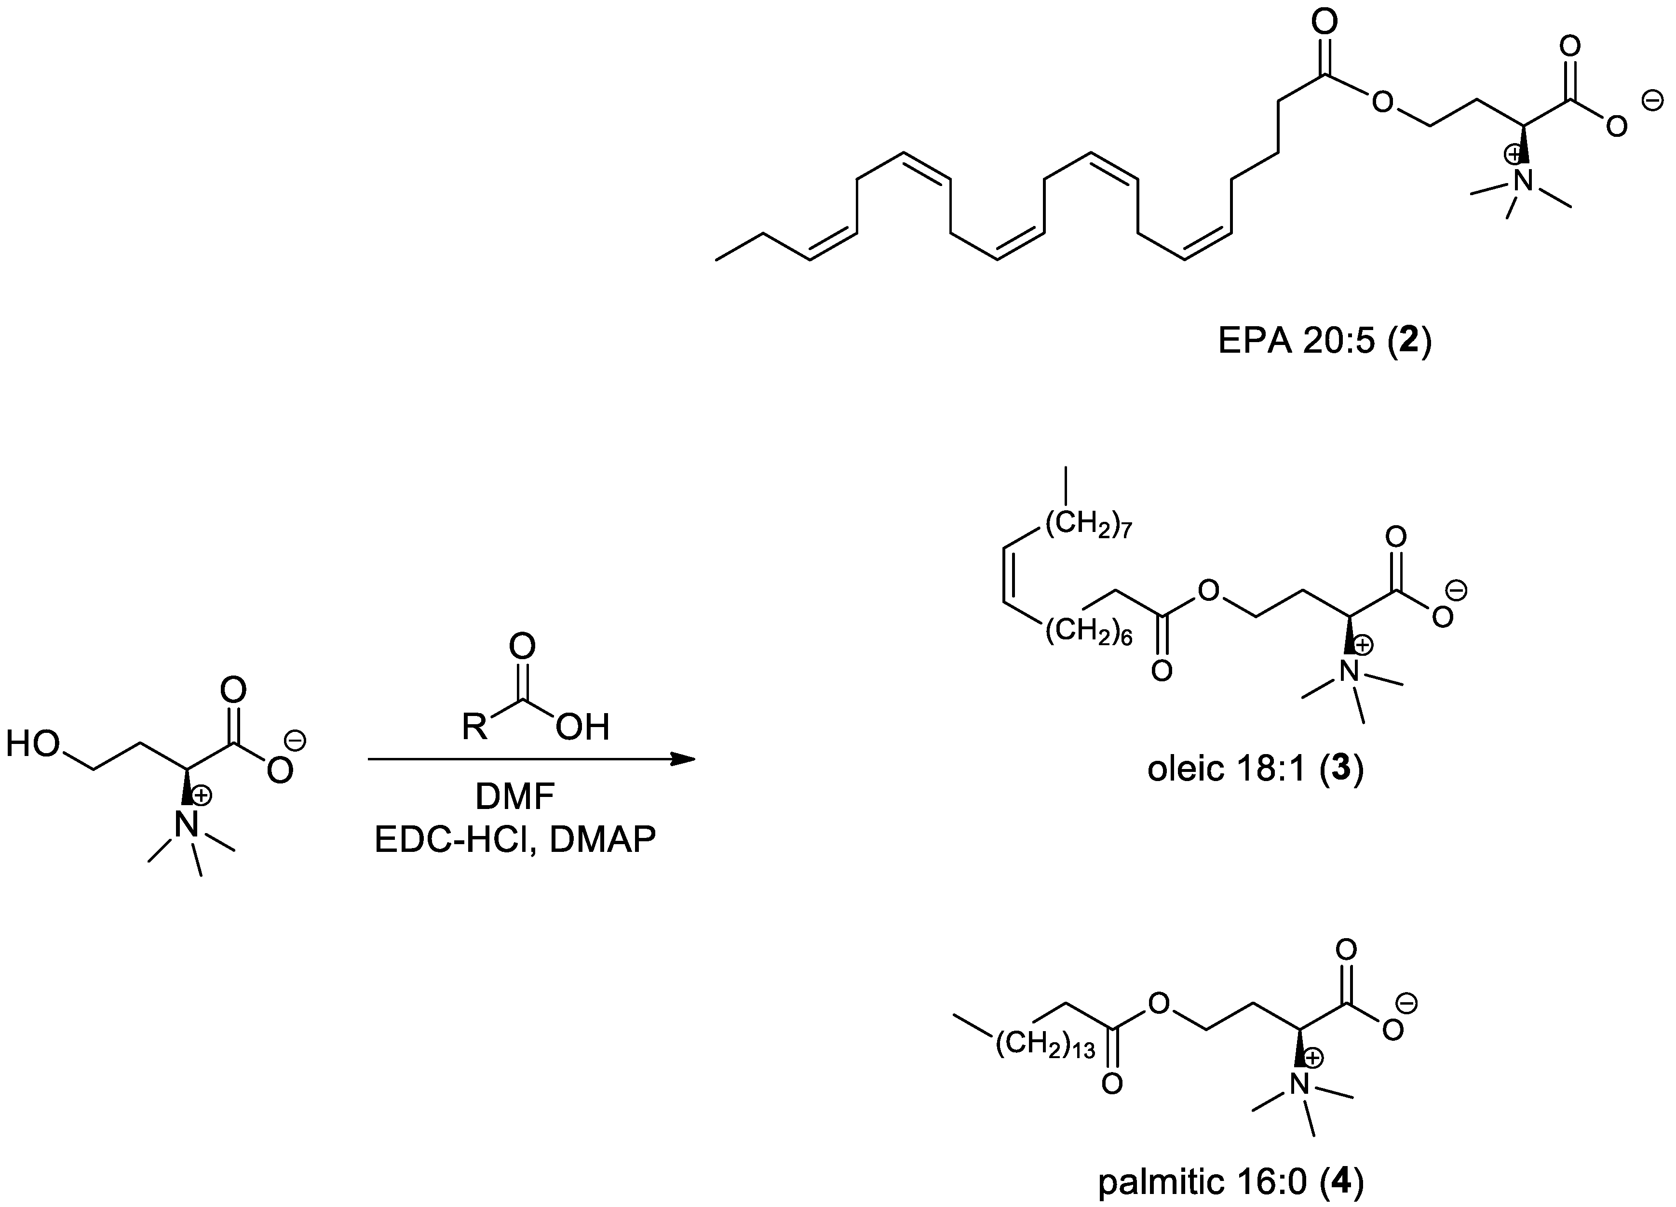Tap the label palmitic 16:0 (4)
(x=1230, y=1182)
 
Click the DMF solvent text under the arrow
(x=515, y=798)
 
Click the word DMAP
(x=602, y=841)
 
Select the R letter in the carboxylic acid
(x=474, y=727)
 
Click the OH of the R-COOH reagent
(x=583, y=728)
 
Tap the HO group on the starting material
(x=33, y=744)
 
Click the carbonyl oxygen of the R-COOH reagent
(x=522, y=646)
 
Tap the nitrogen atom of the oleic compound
(x=1350, y=672)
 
